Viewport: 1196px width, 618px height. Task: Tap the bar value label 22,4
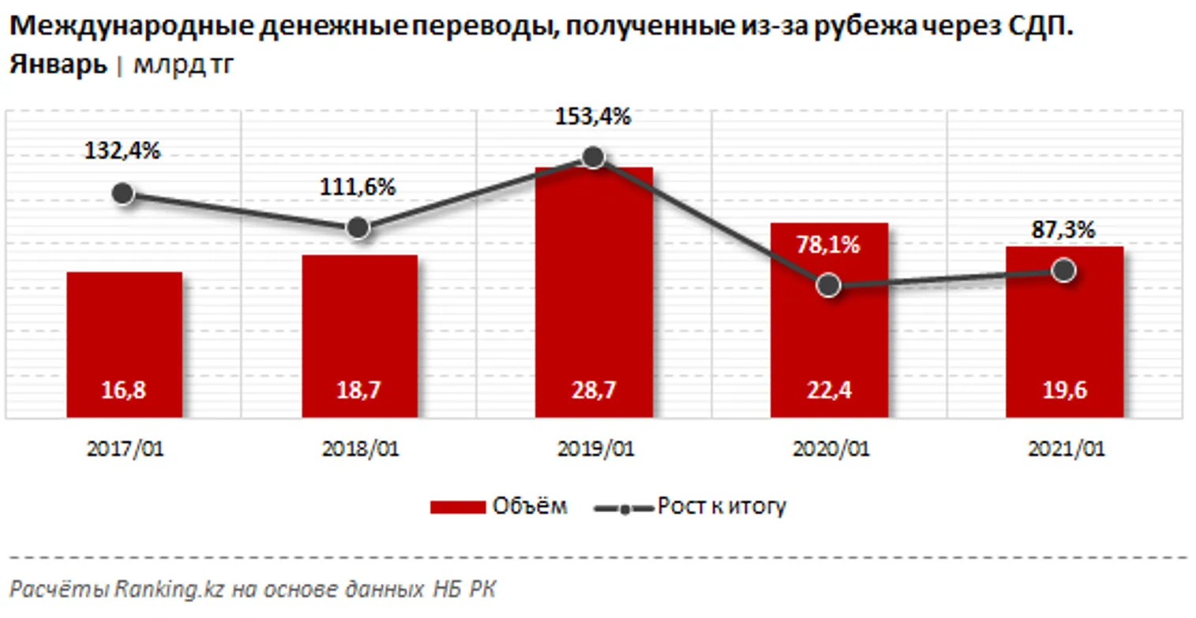tap(828, 391)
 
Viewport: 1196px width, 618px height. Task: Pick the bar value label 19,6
tap(1063, 391)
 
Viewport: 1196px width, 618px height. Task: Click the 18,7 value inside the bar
tap(359, 391)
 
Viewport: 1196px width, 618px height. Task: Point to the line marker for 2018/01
tap(358, 228)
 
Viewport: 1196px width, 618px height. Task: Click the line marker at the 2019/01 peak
tap(594, 157)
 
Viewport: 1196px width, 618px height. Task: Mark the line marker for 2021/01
tap(1064, 270)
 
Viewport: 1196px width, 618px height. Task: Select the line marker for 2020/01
tap(828, 285)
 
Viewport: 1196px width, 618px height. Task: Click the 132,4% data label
tap(122, 151)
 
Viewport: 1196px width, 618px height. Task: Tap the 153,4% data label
tap(594, 118)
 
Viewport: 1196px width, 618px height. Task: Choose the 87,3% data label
tap(1064, 230)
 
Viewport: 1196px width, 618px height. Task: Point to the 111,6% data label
tap(358, 188)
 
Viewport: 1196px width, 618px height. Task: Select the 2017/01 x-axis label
tap(124, 449)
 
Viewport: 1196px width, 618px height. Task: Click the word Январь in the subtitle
tap(58, 65)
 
